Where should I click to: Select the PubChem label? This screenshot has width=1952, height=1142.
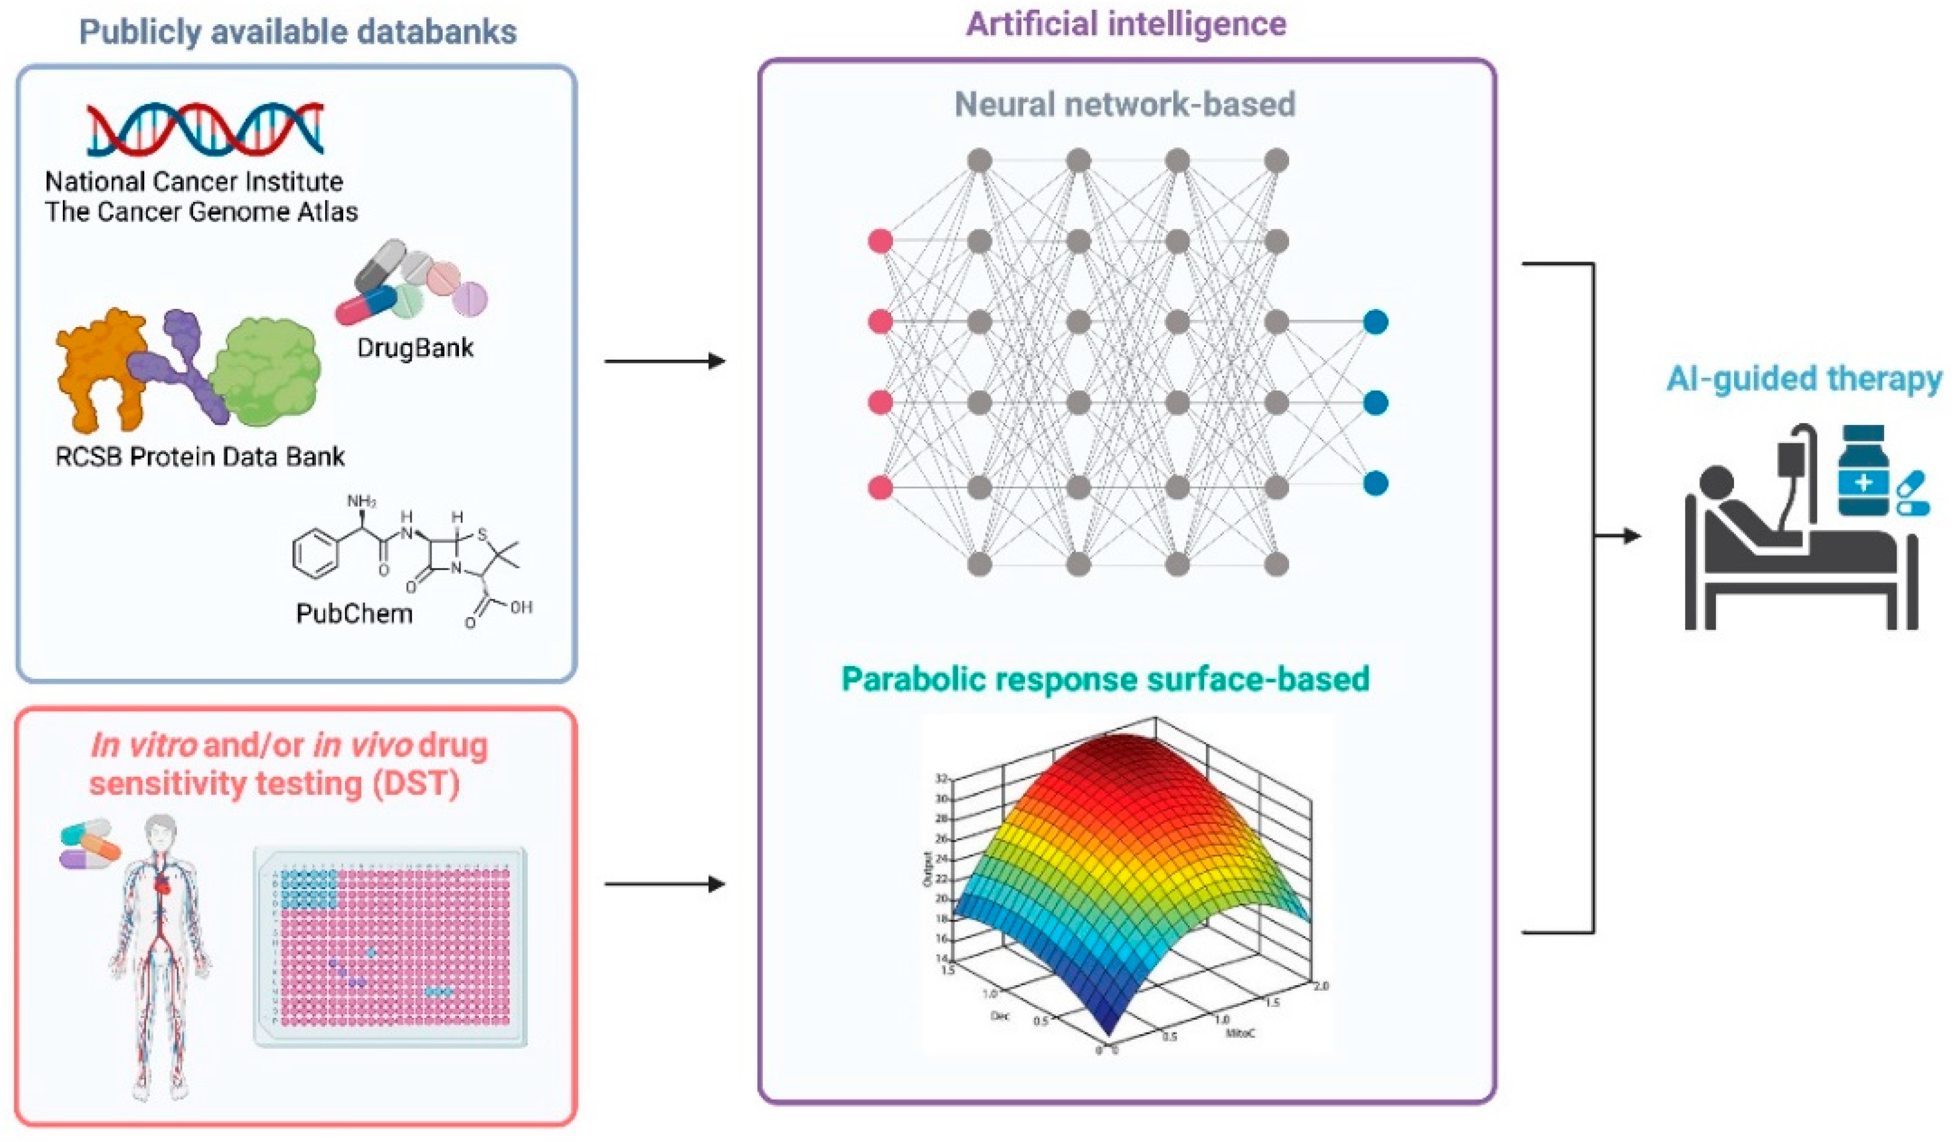[x=354, y=613]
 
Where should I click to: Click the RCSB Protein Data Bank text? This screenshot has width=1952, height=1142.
[x=200, y=457]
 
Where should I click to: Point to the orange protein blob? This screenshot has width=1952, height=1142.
[x=97, y=364]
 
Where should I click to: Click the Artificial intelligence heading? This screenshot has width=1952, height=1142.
[x=1126, y=24]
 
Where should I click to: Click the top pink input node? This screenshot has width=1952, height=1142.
[x=880, y=242]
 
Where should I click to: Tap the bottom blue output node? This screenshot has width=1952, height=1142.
[x=1375, y=483]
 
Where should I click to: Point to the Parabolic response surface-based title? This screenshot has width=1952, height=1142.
[x=1106, y=679]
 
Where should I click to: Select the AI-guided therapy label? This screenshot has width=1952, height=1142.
[x=1805, y=379]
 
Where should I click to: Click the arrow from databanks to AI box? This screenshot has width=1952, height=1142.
[x=665, y=361]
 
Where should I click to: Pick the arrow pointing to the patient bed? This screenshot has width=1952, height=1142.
[x=1619, y=535]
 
